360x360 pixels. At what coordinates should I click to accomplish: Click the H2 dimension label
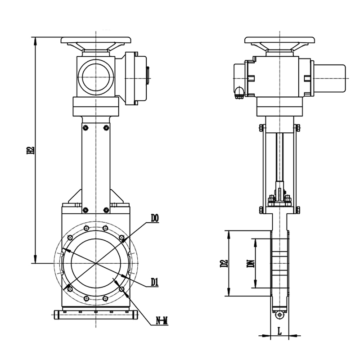[31, 150]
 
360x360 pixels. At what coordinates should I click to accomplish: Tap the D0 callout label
[155, 219]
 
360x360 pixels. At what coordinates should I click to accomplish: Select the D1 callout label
[155, 282]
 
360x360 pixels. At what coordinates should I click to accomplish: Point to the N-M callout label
[162, 321]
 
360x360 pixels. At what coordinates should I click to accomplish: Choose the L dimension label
[279, 331]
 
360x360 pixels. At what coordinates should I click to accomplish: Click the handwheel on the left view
[96, 40]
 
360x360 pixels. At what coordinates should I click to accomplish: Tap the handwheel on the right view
[279, 40]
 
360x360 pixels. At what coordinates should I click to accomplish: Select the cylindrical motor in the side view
[330, 78]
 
